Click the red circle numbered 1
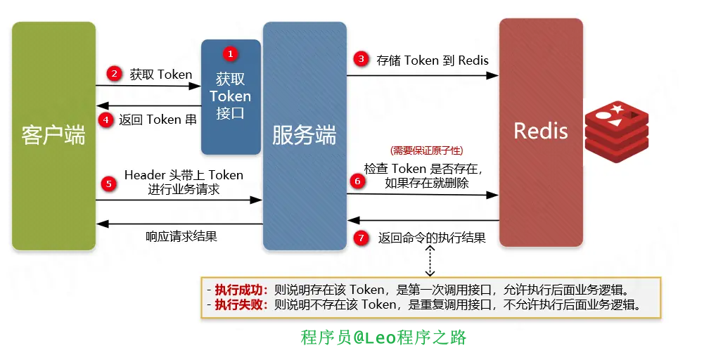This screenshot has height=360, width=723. [x=230, y=54]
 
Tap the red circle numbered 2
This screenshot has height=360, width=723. [x=113, y=73]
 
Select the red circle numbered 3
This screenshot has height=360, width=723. [x=361, y=59]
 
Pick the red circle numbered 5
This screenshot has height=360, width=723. [x=108, y=184]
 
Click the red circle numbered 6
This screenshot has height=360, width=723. [x=357, y=181]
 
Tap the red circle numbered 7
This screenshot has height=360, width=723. [x=361, y=238]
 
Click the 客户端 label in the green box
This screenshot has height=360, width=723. [x=53, y=136]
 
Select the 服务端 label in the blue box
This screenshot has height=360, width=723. [x=305, y=136]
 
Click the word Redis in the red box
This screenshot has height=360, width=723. [x=540, y=131]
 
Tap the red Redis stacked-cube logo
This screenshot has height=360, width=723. [x=617, y=127]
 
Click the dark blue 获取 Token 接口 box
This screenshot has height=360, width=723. [x=231, y=97]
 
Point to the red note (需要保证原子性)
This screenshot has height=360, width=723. [x=426, y=150]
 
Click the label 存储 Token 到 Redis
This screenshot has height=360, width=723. [x=433, y=60]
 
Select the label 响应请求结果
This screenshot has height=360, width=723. [x=181, y=236]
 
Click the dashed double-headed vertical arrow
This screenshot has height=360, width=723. [x=430, y=260]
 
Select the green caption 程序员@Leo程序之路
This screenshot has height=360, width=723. [x=383, y=337]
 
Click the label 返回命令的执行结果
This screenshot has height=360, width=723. [x=432, y=238]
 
